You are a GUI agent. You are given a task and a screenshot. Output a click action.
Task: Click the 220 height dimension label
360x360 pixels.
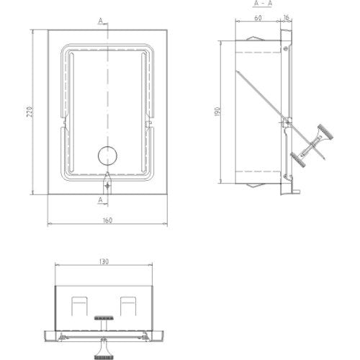pos(30,112)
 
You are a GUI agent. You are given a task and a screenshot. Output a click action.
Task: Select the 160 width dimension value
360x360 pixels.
pos(107,220)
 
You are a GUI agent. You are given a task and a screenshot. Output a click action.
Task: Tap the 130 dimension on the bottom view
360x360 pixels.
pos(104,261)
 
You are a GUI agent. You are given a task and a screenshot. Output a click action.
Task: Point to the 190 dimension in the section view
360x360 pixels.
pos(217,112)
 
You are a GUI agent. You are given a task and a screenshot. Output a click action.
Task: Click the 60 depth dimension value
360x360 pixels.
pos(258,18)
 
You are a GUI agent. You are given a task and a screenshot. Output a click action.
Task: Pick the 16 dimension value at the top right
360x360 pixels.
pos(286,17)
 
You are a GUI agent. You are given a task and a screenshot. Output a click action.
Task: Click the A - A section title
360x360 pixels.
pos(262,4)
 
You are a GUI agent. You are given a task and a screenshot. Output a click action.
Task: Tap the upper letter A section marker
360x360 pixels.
pos(101,21)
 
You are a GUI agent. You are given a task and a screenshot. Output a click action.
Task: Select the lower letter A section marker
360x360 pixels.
pos(101,199)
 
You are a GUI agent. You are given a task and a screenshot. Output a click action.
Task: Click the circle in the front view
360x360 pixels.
pos(107,156)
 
